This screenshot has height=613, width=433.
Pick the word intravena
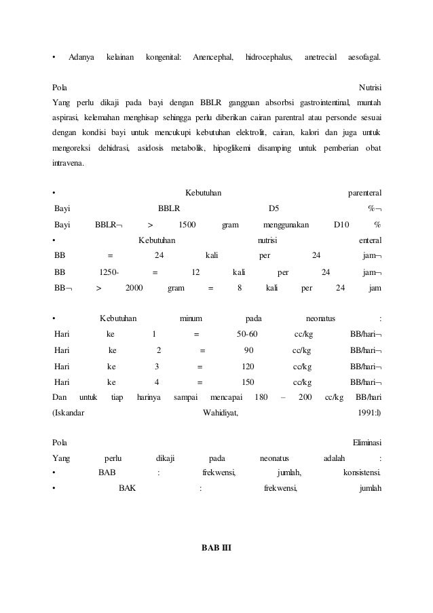click(x=69, y=164)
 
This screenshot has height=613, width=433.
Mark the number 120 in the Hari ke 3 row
click(x=248, y=366)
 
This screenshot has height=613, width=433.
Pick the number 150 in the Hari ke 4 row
click(x=248, y=382)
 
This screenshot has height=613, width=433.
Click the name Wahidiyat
click(x=221, y=411)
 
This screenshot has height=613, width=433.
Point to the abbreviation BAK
click(x=127, y=487)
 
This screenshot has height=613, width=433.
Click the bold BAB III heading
click(x=216, y=547)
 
